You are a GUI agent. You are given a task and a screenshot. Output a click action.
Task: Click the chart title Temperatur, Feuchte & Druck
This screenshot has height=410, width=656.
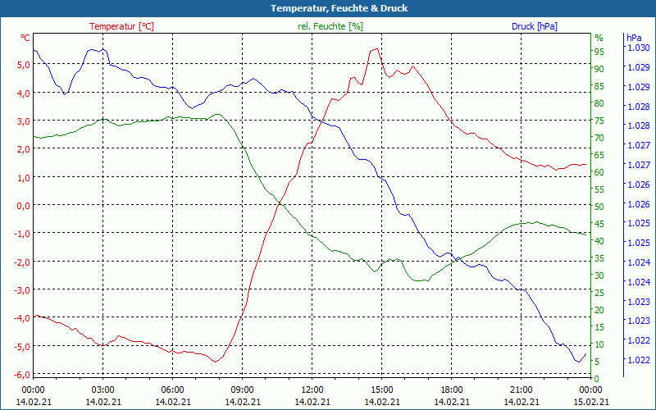327,8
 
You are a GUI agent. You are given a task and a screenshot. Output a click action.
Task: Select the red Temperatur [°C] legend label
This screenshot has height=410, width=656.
121,26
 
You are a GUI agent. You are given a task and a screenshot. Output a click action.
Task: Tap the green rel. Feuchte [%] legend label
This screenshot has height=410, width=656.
330,26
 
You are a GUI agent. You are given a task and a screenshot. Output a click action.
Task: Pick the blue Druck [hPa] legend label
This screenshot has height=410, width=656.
534,26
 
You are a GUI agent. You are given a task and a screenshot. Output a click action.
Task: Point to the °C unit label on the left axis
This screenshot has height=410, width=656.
25,38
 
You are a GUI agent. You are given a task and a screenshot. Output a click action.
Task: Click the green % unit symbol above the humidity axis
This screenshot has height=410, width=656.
599,38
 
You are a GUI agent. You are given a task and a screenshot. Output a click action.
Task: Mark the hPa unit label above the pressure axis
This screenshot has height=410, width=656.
634,38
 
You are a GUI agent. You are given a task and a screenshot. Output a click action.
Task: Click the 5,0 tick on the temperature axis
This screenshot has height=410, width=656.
24,65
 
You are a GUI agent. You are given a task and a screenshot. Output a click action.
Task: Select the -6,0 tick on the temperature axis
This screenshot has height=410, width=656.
22,375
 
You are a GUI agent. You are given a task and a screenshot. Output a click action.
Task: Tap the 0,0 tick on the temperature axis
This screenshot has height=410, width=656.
24,206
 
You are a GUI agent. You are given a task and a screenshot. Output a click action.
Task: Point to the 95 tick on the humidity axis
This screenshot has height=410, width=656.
599,52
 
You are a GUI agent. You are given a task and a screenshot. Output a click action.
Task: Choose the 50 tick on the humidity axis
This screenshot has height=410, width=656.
599,207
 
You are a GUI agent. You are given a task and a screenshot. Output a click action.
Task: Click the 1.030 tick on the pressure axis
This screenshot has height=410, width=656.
638,48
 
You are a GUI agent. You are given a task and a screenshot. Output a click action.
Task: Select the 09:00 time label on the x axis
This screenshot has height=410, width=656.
242,389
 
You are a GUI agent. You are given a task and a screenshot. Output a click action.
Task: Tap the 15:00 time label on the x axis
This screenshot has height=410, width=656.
381,389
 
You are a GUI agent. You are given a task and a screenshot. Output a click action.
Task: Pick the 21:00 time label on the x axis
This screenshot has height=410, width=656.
521,389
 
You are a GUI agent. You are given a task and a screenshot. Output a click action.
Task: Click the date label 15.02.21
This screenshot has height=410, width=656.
591,401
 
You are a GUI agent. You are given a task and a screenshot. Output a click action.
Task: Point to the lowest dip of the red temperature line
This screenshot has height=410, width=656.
216,361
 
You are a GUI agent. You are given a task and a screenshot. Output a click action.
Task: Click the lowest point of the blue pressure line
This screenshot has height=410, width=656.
578,362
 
